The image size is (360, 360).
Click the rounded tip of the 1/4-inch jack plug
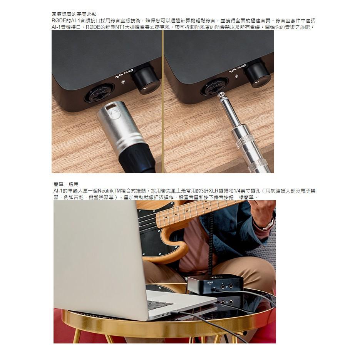[x=221, y=95]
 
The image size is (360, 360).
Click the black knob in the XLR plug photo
[x=146, y=79]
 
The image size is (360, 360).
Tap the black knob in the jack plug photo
[x=258, y=73]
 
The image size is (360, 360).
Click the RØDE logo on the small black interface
[x=210, y=282]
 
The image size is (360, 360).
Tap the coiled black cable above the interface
[x=211, y=246]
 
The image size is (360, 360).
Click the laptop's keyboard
[x=160, y=305]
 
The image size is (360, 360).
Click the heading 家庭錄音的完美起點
[x=74, y=14]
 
